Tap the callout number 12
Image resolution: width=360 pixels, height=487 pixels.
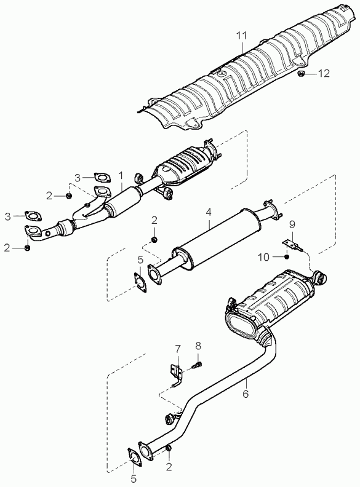tap(323, 74)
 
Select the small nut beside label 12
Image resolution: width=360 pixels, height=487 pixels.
tap(301, 74)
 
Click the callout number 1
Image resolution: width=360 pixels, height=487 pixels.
tap(121, 176)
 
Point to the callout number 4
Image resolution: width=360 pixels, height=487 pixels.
tap(208, 212)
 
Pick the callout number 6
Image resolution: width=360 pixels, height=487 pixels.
tap(246, 394)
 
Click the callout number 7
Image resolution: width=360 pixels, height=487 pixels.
tap(177, 349)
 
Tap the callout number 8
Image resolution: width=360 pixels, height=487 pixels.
tap(198, 345)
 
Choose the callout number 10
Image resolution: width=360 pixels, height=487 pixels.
tap(263, 258)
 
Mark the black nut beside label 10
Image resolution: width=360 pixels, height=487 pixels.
tap(287, 257)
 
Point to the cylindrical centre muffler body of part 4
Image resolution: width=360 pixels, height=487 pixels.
tap(218, 238)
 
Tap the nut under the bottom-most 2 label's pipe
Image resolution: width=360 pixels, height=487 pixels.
tap(168, 448)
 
